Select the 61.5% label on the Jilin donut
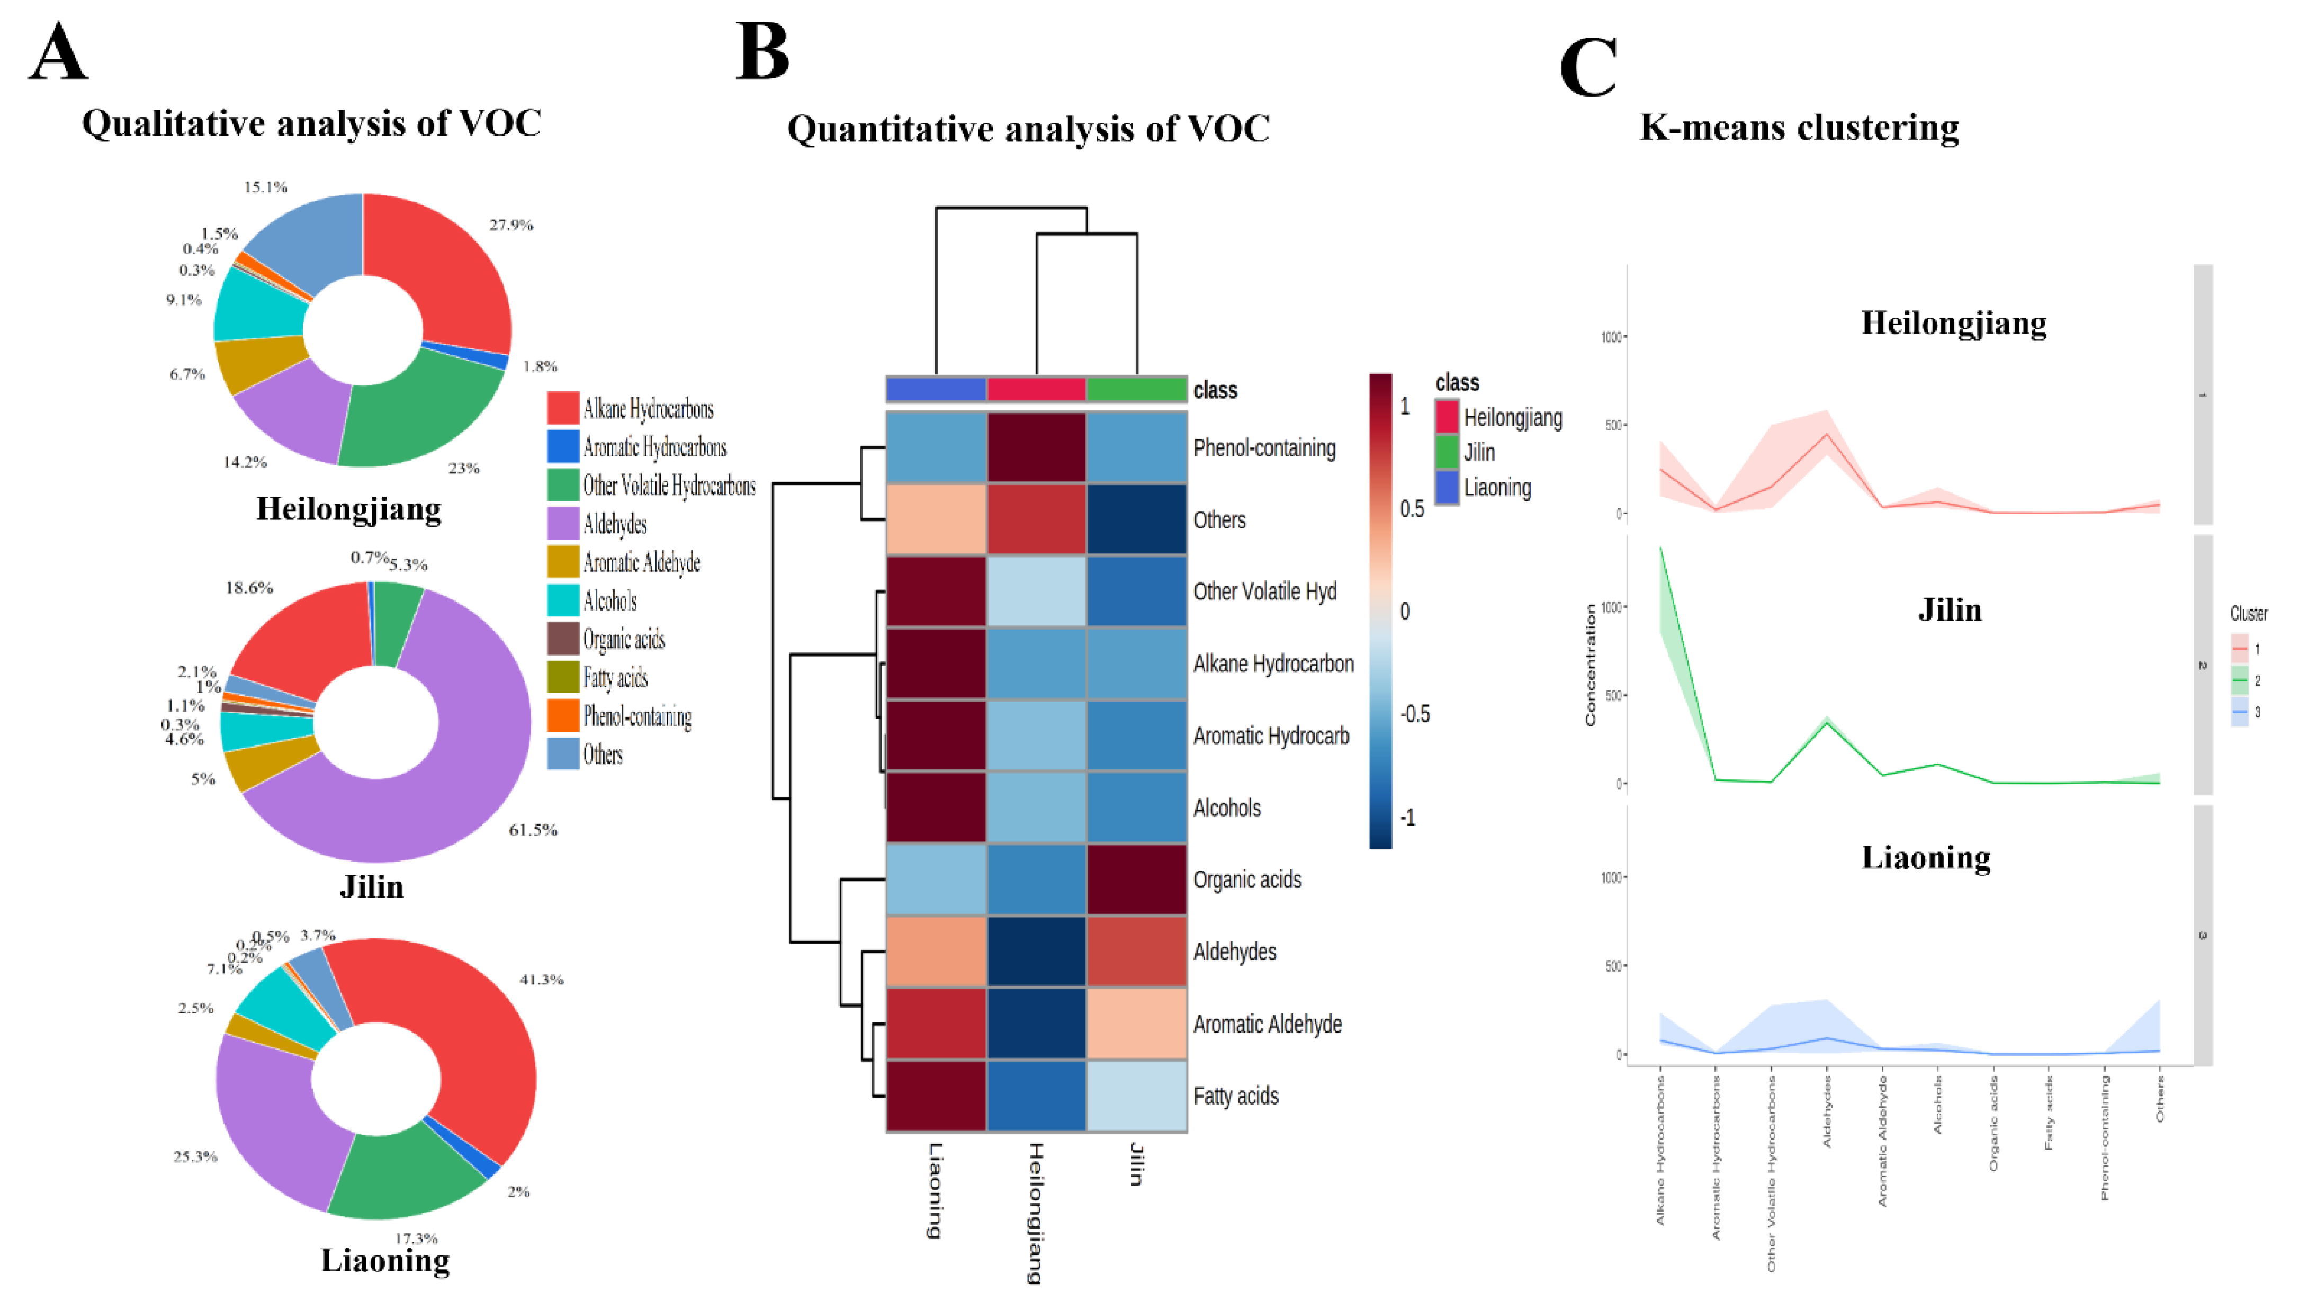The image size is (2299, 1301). [x=533, y=830]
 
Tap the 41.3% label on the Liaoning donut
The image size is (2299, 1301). [x=542, y=980]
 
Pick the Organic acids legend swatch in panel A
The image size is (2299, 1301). [x=563, y=639]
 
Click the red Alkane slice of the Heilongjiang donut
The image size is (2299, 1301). [x=447, y=268]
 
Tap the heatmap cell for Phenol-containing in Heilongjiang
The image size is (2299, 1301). [x=1037, y=447]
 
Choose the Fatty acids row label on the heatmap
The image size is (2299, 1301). [x=1236, y=1097]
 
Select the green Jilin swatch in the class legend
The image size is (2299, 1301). [x=1447, y=452]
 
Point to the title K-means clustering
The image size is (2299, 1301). [x=1799, y=128]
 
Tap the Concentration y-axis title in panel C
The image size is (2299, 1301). [x=1591, y=665]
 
